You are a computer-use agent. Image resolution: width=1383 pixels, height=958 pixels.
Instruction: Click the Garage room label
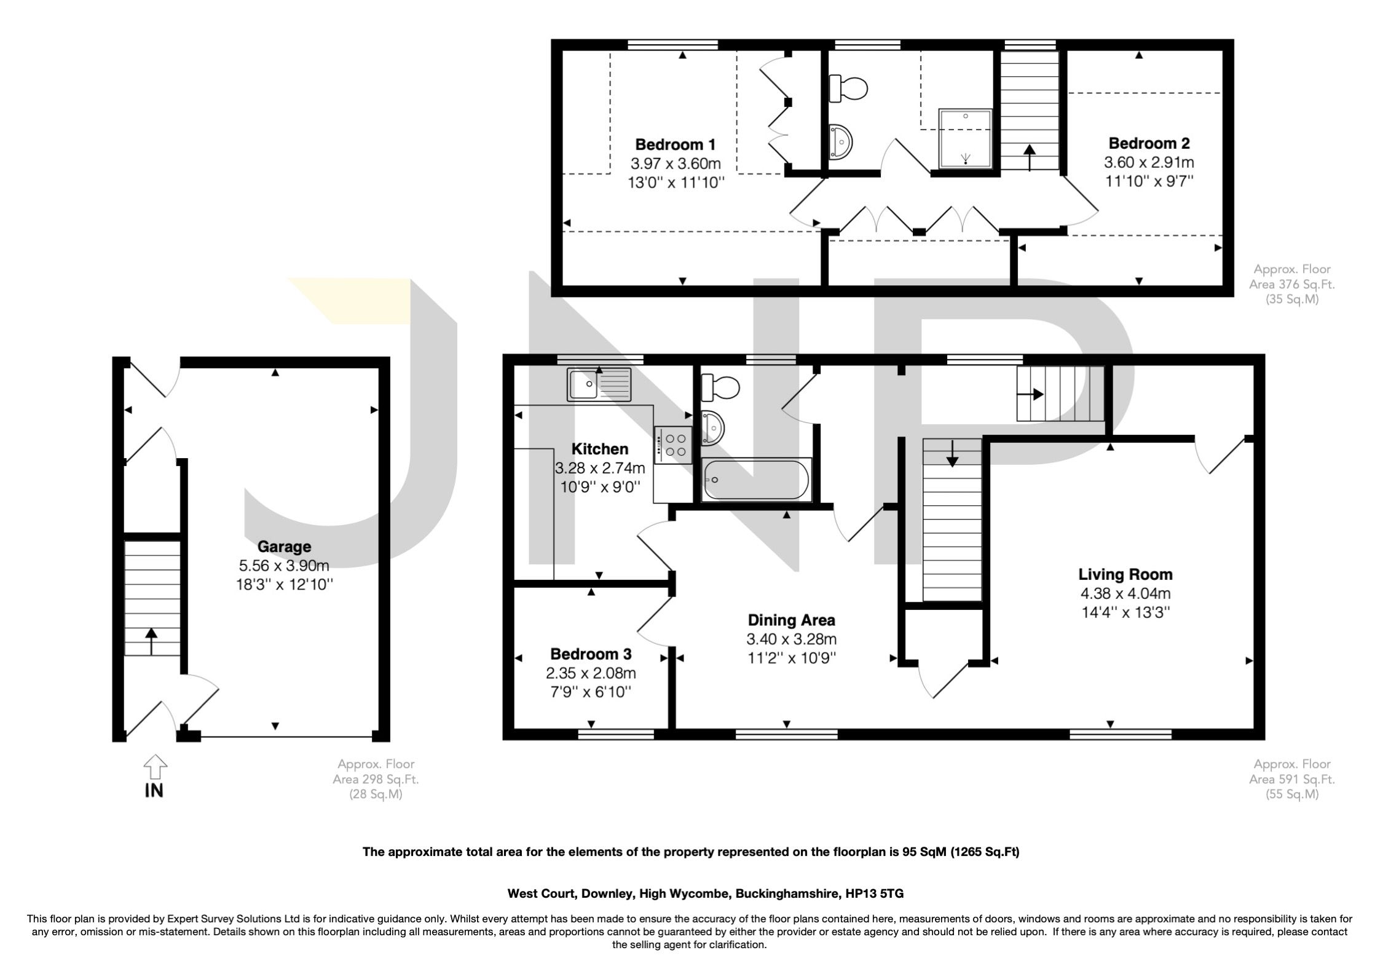(x=284, y=546)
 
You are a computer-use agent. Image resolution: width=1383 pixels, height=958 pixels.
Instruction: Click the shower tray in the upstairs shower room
(x=965, y=138)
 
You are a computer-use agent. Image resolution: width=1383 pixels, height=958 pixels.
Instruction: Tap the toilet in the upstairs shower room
(x=848, y=88)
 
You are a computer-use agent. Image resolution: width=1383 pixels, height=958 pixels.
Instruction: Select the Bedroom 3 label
(x=591, y=654)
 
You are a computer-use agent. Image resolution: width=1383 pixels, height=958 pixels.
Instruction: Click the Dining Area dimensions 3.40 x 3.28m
(x=791, y=639)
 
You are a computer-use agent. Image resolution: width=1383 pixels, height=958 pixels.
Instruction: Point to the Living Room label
(x=1125, y=574)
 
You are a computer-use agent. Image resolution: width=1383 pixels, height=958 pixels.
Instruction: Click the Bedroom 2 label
(x=1149, y=143)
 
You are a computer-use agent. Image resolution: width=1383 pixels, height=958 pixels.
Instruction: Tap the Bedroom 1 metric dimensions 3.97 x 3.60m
(x=675, y=164)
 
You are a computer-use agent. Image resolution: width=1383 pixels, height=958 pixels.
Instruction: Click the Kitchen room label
(x=599, y=448)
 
